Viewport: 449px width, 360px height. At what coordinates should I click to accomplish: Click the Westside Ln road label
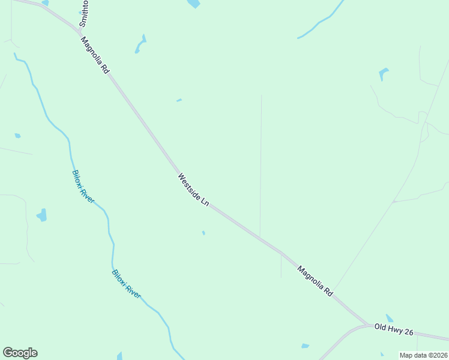[193, 190]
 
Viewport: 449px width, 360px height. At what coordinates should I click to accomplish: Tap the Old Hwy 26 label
[393, 328]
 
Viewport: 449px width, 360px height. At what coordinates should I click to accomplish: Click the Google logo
[20, 353]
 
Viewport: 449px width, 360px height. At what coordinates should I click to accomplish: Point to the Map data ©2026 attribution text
[423, 355]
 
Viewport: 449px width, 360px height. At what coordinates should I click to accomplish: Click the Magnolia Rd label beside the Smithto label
[95, 55]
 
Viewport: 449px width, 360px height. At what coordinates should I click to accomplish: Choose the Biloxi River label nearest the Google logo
[126, 284]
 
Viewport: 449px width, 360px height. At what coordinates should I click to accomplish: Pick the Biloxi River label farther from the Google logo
[83, 187]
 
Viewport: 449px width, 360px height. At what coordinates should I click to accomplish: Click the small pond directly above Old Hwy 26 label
[390, 318]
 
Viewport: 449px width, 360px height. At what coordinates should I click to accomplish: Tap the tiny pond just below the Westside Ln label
[204, 233]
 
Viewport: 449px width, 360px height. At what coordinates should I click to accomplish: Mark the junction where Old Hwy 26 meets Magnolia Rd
[367, 325]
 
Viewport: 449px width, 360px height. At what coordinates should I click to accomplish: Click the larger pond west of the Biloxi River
[41, 215]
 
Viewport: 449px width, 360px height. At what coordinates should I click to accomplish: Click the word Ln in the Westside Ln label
[204, 202]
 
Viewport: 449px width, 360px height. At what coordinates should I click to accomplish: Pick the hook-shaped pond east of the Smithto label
[141, 44]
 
